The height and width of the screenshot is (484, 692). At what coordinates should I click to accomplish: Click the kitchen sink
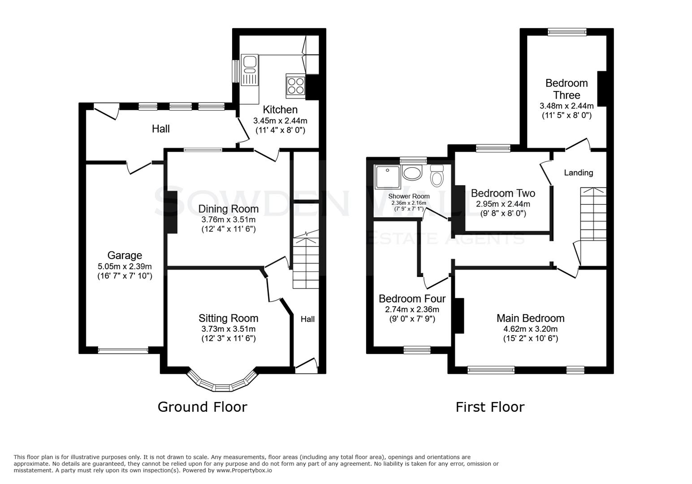click(250, 69)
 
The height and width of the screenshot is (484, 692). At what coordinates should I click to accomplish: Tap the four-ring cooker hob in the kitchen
click(295, 86)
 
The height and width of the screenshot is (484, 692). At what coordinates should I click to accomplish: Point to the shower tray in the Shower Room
click(387, 177)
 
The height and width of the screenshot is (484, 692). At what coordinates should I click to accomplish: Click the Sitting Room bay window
click(223, 383)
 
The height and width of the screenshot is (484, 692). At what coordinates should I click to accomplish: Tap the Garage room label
click(125, 255)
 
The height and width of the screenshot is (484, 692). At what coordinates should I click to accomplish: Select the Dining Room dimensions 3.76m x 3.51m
click(228, 220)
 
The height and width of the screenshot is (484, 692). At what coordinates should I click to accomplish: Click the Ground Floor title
click(202, 407)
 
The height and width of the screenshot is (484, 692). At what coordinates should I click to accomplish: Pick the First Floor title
click(490, 407)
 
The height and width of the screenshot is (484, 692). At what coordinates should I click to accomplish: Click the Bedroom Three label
click(567, 89)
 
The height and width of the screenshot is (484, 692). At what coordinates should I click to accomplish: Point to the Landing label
click(578, 173)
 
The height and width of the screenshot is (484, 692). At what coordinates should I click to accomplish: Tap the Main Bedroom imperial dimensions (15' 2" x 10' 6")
click(530, 338)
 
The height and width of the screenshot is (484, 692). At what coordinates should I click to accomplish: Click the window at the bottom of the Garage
click(123, 350)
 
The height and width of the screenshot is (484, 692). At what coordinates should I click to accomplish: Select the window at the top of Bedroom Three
click(567, 32)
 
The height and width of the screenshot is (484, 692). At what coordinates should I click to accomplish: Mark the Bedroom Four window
click(417, 350)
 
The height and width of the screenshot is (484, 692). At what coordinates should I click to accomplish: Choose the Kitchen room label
click(280, 110)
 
